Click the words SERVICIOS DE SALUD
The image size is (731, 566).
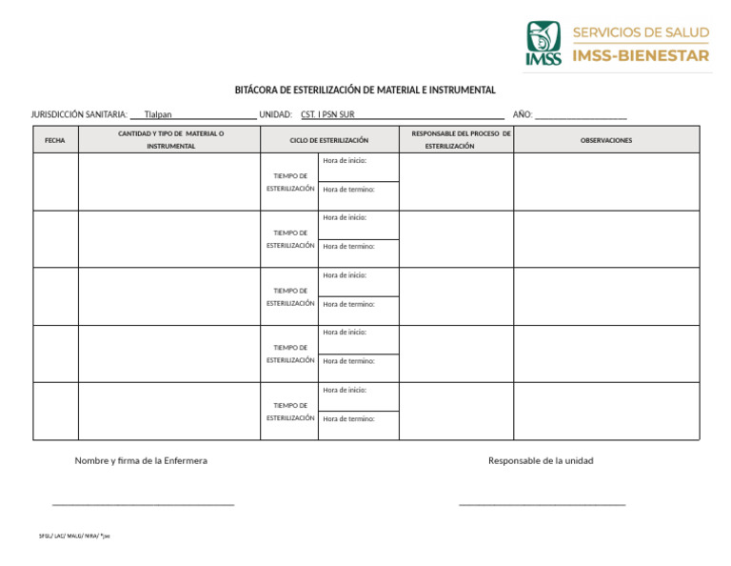pyautogui.click(x=641, y=32)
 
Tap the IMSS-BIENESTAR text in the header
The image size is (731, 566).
pyautogui.click(x=641, y=56)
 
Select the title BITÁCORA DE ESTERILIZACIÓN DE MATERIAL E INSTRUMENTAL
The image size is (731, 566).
pyautogui.click(x=365, y=90)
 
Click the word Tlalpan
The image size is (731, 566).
pyautogui.click(x=158, y=114)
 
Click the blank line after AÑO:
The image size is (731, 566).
pyautogui.click(x=581, y=115)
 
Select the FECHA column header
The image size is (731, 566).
pyautogui.click(x=55, y=140)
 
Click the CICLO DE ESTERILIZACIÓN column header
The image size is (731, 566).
pyautogui.click(x=328, y=140)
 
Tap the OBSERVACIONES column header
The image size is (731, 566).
pyautogui.click(x=606, y=140)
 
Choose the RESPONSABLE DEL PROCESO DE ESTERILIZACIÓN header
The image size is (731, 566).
pyautogui.click(x=455, y=140)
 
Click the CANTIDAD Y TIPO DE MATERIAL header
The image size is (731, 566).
pyautogui.click(x=170, y=140)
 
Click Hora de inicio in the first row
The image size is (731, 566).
pyautogui.click(x=345, y=161)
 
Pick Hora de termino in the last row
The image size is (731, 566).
pyautogui.click(x=348, y=419)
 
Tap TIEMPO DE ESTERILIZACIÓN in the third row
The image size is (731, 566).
pyautogui.click(x=290, y=297)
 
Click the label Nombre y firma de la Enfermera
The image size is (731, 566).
pyautogui.click(x=141, y=461)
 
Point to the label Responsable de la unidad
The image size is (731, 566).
pyautogui.click(x=541, y=461)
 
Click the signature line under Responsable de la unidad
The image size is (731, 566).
pyautogui.click(x=542, y=504)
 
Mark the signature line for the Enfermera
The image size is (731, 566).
pyautogui.click(x=143, y=504)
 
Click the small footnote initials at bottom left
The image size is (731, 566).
pyautogui.click(x=74, y=536)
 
